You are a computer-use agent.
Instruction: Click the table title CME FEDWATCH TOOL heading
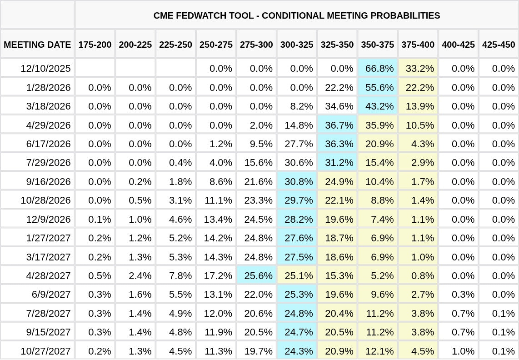click(297, 15)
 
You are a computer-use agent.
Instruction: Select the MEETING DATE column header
click(37, 45)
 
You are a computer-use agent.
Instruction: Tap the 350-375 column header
click(378, 45)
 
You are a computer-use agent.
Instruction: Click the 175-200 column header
click(95, 45)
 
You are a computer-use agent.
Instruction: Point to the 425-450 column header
click(499, 45)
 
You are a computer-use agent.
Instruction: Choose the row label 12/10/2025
click(45, 69)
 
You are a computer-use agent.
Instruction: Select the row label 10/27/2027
click(45, 351)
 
